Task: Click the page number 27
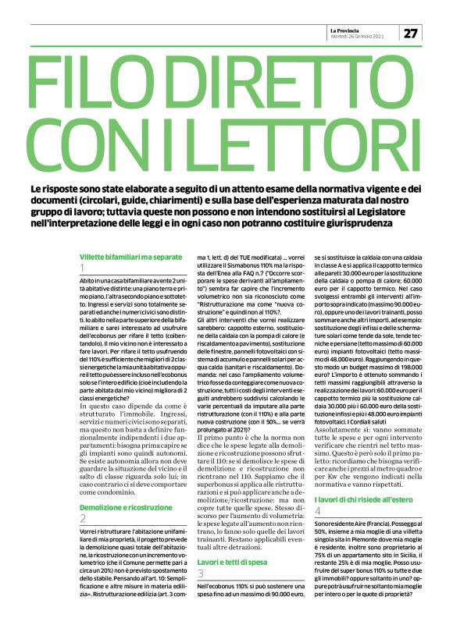412,33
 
